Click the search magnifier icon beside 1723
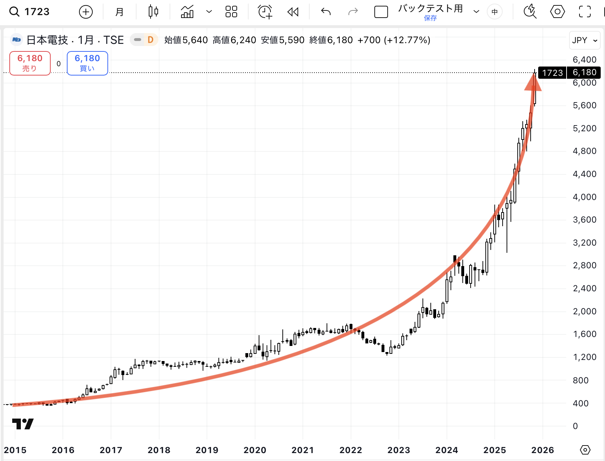coord(14,12)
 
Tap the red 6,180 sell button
coord(30,63)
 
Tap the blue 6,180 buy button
coord(87,63)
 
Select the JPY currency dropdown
coord(585,40)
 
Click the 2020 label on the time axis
coord(255,450)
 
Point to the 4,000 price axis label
coord(584,197)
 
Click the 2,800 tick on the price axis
coord(584,265)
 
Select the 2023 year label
coord(399,450)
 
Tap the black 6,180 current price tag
coord(584,73)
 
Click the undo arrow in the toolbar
coord(325,12)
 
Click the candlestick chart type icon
coord(153,12)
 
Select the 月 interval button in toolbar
coord(119,12)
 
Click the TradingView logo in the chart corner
coord(23,424)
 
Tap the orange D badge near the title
coord(151,40)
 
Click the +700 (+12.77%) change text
coord(394,40)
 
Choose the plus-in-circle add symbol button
coord(86,12)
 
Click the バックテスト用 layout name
coord(430,9)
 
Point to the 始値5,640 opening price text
coord(186,40)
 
